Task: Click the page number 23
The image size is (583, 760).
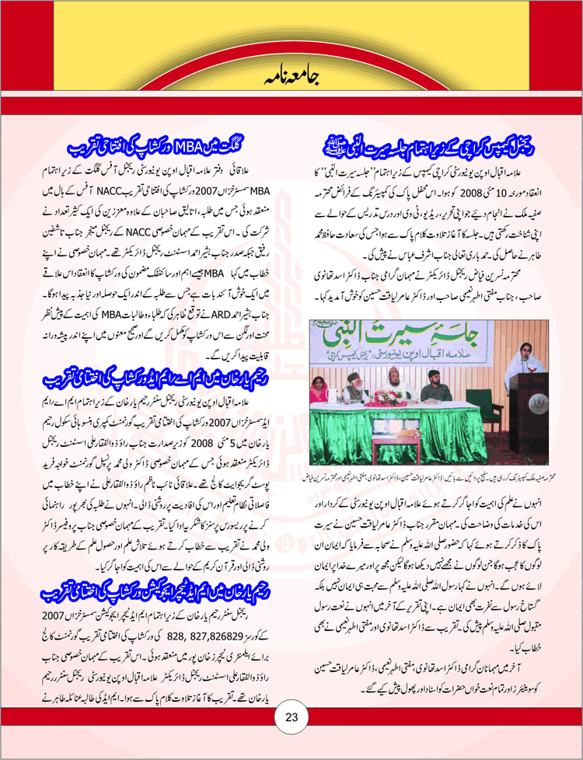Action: tap(292, 716)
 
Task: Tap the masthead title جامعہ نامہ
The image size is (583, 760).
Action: tap(291, 76)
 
